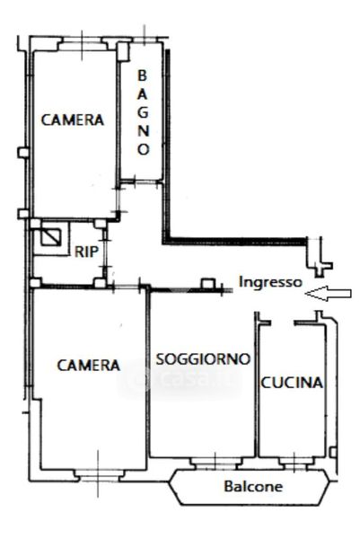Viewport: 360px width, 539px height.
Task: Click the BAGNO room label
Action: pos(144,112)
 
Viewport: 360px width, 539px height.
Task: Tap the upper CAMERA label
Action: pos(73,119)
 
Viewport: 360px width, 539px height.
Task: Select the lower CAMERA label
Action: pos(89,365)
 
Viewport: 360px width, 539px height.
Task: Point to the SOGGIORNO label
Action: pos(203,359)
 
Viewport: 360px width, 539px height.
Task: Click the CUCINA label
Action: pos(292,383)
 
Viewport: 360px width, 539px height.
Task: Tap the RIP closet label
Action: pos(86,252)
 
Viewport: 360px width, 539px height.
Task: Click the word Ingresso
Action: pos(270,282)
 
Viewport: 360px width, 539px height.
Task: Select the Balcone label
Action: pos(253,486)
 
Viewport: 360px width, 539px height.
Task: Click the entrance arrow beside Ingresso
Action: pos(328,293)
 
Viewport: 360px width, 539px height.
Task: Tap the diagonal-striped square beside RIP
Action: pos(51,237)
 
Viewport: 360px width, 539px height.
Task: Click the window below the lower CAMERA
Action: pos(98,475)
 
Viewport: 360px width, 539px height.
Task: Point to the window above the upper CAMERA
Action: pos(82,44)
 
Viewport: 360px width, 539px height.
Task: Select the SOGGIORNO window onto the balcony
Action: pos(215,463)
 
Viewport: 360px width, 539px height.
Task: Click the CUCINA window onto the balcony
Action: pos(295,463)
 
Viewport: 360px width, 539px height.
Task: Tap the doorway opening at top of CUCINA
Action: pos(283,323)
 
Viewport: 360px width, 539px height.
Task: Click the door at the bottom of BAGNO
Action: pos(140,182)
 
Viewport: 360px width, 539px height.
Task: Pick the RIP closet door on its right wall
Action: pos(105,253)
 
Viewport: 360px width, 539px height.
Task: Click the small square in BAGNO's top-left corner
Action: pos(123,51)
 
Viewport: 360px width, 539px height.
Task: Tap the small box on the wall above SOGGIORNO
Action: pos(207,284)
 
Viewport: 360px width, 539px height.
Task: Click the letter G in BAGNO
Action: pos(143,112)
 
